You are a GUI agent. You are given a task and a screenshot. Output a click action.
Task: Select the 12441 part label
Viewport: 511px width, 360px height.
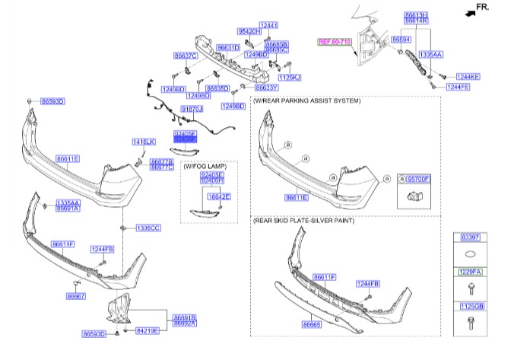click(x=269, y=25)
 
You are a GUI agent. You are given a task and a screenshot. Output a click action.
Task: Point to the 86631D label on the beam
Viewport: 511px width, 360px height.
click(x=228, y=47)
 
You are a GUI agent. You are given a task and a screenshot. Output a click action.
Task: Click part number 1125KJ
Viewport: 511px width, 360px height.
click(x=290, y=78)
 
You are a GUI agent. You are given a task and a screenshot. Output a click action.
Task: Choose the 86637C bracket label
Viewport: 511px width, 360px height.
click(x=185, y=56)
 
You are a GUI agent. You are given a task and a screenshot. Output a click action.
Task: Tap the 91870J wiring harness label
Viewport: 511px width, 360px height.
click(x=191, y=110)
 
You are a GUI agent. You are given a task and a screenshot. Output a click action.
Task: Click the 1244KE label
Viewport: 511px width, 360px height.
click(x=468, y=77)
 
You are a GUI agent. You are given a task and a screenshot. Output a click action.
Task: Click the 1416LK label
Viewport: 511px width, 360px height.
click(x=143, y=142)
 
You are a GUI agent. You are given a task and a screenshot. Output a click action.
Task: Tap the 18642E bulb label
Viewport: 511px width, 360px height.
click(x=219, y=196)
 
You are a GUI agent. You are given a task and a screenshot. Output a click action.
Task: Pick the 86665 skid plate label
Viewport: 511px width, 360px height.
click(x=313, y=324)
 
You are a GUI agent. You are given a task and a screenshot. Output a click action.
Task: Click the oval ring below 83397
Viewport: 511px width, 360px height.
click(x=469, y=255)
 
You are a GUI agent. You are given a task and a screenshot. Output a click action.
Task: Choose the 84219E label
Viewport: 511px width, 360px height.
click(x=148, y=331)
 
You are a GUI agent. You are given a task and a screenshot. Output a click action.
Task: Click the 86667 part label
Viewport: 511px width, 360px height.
click(x=75, y=296)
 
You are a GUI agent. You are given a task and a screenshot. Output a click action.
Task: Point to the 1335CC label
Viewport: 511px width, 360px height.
click(x=148, y=228)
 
